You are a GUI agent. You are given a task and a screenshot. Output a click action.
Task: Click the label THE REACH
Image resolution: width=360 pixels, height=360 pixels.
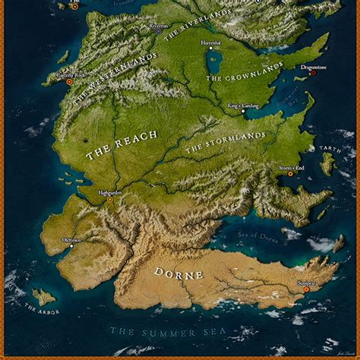(122, 144)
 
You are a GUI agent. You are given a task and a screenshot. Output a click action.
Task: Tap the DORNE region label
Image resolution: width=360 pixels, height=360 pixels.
(178, 273)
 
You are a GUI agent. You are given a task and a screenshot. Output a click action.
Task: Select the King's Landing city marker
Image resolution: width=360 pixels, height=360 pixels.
(243, 112)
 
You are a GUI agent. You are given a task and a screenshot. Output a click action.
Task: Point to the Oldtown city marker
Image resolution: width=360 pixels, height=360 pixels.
(71, 245)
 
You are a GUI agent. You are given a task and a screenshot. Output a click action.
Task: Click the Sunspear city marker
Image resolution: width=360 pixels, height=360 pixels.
(307, 289)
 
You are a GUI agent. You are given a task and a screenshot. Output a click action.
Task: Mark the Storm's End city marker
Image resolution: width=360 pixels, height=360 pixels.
(289, 174)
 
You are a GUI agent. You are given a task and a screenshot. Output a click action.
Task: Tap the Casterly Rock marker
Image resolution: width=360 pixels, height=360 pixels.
(69, 81)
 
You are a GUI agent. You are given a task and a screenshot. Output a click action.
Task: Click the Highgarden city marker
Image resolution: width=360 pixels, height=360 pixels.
(110, 199)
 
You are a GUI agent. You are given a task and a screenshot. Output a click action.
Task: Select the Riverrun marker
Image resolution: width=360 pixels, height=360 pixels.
(159, 31)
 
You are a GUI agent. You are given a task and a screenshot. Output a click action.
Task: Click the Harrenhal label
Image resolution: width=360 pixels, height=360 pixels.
(211, 43)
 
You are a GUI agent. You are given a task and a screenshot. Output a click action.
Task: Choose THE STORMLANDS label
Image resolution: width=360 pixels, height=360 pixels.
(226, 142)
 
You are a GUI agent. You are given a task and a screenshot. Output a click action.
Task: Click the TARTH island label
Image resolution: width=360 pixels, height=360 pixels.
(330, 150)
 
